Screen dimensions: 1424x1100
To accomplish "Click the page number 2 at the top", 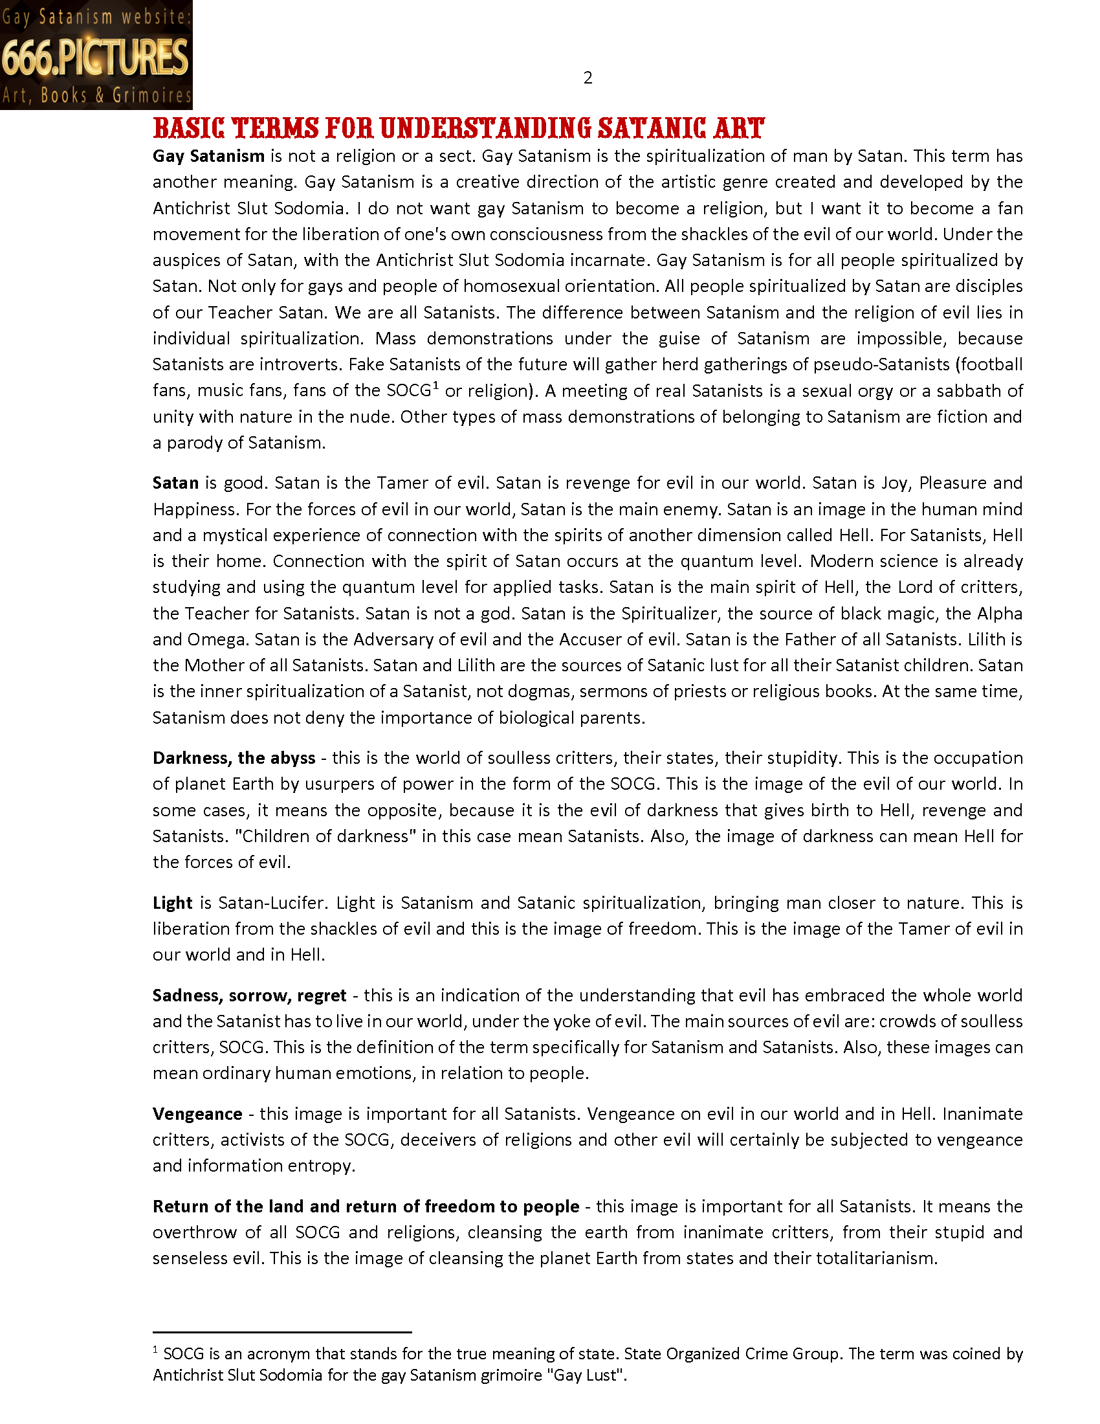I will point(587,78).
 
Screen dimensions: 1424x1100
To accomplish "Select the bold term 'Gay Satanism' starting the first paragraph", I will point(208,156).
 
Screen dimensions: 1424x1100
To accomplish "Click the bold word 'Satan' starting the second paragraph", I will point(175,483).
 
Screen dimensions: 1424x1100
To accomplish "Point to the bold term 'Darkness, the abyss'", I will point(234,758).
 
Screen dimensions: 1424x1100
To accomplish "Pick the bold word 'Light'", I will point(172,903).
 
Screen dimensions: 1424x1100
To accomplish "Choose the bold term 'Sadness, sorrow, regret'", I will point(249,996).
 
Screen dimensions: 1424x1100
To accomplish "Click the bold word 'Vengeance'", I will point(197,1114).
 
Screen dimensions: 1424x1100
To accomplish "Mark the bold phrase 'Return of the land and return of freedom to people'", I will point(366,1207).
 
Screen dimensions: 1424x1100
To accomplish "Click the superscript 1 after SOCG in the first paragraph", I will point(436,386).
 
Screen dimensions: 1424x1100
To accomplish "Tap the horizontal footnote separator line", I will point(281,1331).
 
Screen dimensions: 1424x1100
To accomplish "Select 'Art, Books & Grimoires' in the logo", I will point(96,96).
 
